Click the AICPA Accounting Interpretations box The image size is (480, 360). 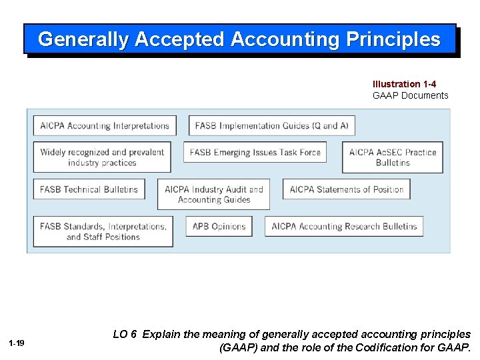pos(105,125)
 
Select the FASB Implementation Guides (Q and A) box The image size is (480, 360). pos(272,125)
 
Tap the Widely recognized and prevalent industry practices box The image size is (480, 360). pos(102,157)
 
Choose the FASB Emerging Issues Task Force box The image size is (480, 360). pos(255,152)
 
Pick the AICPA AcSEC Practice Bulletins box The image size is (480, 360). pos(393,157)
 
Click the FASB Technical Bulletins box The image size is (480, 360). pos(89,189)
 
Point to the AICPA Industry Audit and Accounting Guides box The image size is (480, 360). pos(214,194)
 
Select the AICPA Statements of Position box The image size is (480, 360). pos(347,189)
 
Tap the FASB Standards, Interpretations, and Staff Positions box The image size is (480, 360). pos(103,231)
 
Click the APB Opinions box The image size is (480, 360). pos(219,226)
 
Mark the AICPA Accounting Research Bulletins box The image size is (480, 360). pos(344,226)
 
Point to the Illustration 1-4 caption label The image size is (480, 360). pos(404,84)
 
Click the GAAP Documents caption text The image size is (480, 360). pos(410,95)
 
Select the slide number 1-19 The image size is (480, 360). pos(17,343)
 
